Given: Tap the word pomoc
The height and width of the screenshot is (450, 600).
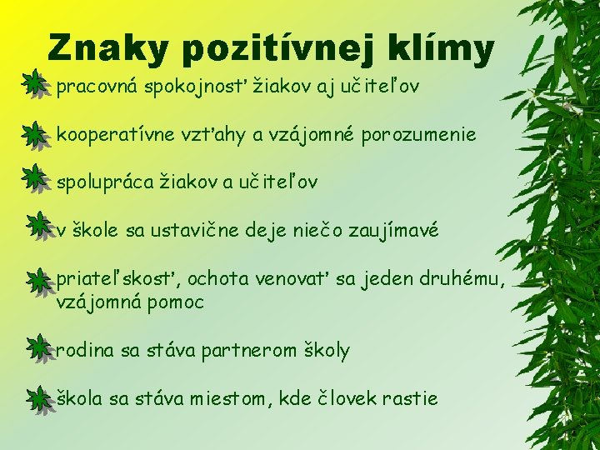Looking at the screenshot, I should [174, 302].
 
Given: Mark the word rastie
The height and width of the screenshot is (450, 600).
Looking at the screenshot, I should [409, 398].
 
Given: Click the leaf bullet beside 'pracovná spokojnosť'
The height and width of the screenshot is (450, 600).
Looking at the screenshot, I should [35, 84].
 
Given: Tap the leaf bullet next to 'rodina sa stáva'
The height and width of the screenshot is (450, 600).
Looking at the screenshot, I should [36, 347].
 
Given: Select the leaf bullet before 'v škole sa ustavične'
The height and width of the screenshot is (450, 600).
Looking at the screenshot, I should [36, 224].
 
